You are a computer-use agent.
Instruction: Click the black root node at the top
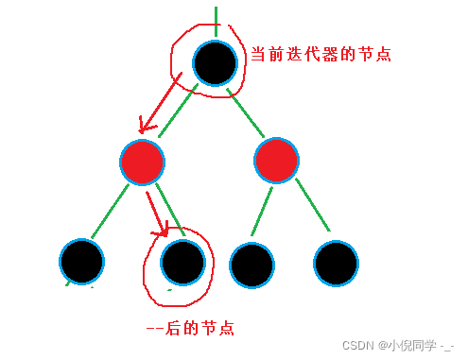[216, 63]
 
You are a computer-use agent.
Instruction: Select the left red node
[143, 162]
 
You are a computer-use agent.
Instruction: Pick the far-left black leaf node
[82, 260]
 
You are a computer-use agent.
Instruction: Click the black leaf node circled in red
[182, 260]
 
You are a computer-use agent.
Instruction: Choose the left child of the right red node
[251, 264]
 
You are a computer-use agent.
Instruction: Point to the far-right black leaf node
[336, 263]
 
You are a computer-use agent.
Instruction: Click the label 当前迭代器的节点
[320, 55]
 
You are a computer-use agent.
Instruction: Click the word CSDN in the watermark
[357, 346]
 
